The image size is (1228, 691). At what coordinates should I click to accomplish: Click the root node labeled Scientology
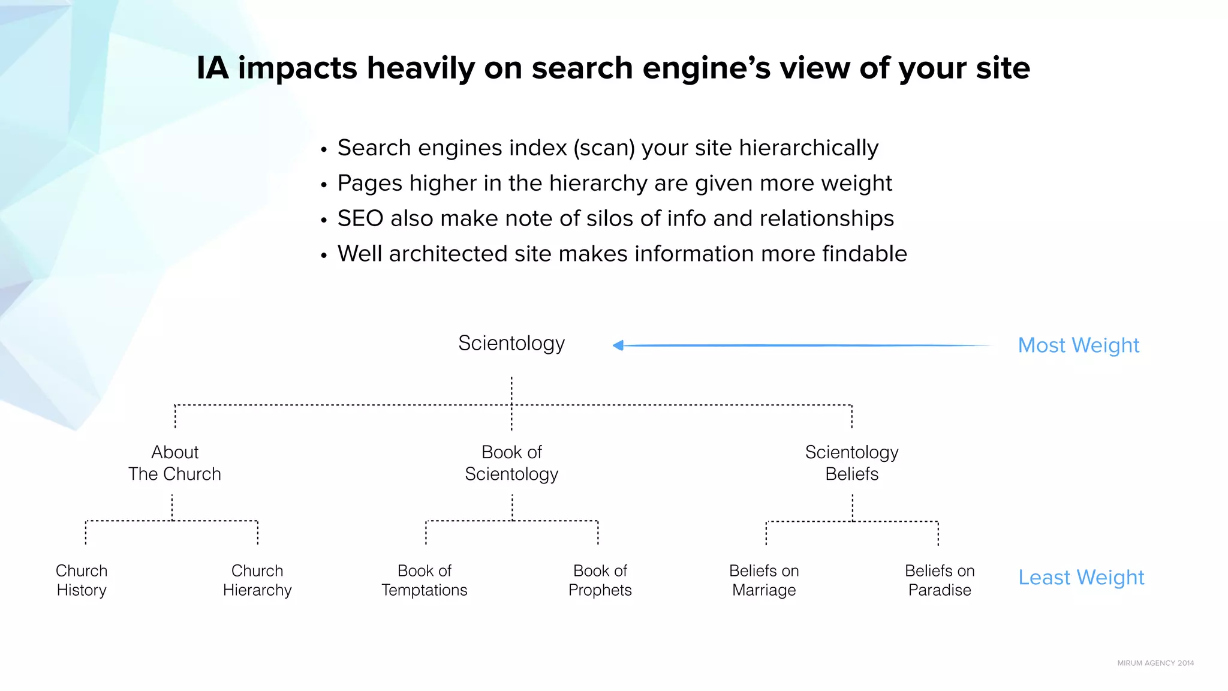click(511, 344)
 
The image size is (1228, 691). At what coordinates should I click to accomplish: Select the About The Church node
click(174, 463)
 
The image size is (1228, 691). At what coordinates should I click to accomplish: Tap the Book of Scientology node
click(511, 463)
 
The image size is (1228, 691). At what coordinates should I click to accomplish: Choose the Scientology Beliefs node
click(851, 463)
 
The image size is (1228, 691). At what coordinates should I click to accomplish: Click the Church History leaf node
click(82, 580)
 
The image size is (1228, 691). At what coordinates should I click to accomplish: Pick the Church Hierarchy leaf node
click(257, 580)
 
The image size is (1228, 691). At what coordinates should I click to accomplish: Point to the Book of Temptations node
click(425, 580)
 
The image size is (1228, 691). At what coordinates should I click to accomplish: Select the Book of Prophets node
click(600, 580)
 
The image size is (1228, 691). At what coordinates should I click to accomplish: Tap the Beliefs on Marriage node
click(764, 580)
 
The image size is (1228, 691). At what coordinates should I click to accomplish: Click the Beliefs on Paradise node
click(940, 580)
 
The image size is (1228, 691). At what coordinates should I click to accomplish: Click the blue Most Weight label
click(1078, 345)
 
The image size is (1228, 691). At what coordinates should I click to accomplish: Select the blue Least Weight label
click(1081, 577)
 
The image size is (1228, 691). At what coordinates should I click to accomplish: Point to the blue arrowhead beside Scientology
click(618, 345)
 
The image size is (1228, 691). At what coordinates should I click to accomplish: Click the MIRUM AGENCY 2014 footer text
click(1155, 663)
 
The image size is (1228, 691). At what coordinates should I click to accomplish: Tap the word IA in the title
click(213, 68)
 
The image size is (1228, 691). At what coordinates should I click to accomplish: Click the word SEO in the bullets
click(360, 218)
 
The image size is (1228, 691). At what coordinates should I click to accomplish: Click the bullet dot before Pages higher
click(324, 185)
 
